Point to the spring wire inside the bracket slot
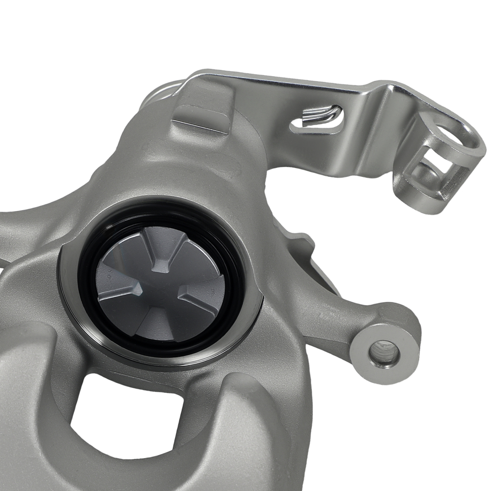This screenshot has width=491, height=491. [322, 115]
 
